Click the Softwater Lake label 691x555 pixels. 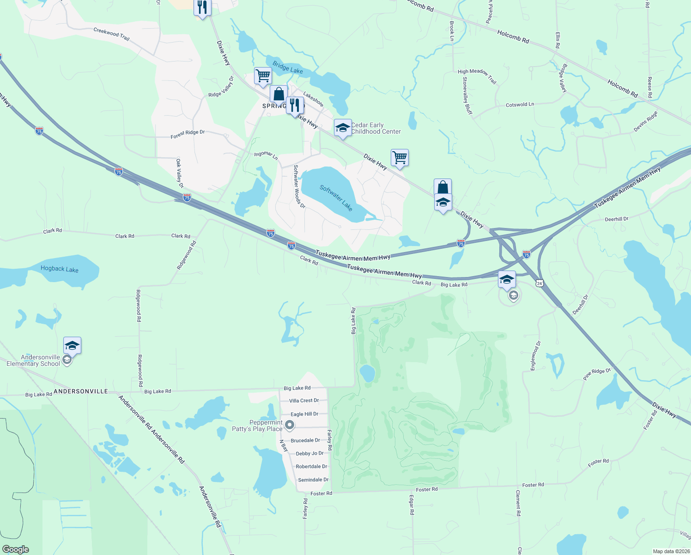[336, 197]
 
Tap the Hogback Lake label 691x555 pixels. [60, 269]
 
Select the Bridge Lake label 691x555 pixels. [287, 68]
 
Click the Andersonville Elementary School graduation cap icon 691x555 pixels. [72, 345]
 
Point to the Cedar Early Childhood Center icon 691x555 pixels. [342, 128]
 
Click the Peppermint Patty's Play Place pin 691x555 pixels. [290, 425]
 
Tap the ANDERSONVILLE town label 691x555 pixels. [81, 391]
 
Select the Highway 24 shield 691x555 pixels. [539, 283]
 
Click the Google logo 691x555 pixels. [15, 549]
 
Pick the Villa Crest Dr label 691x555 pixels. [304, 401]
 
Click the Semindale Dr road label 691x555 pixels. [313, 480]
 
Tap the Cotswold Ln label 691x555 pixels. [520, 105]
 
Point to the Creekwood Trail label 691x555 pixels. [111, 34]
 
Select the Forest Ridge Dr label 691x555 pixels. [188, 134]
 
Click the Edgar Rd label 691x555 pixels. [412, 505]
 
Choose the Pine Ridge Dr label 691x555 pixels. [597, 374]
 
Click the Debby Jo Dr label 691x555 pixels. [309, 453]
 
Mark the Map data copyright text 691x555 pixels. [671, 551]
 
